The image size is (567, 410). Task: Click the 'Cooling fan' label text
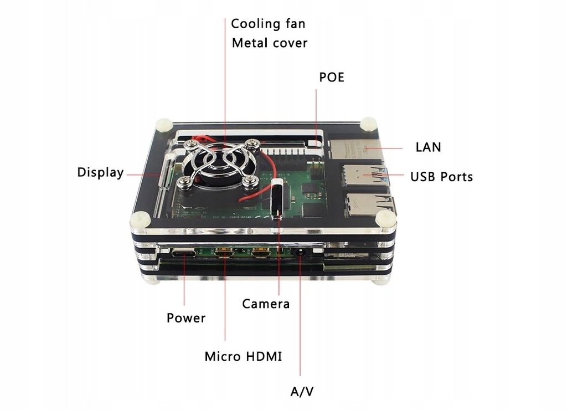268,24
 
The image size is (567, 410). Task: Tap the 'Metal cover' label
269,43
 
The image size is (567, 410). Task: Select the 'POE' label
332,77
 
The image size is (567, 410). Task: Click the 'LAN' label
428,147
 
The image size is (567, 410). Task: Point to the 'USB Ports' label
441,177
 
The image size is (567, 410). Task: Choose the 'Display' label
100,172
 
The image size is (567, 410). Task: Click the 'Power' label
186,318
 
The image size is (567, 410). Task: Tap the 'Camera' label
266,304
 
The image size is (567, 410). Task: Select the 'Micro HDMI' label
243,356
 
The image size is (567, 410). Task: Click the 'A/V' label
302,392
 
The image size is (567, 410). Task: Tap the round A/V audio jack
300,253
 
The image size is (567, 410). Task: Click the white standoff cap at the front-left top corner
138,220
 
